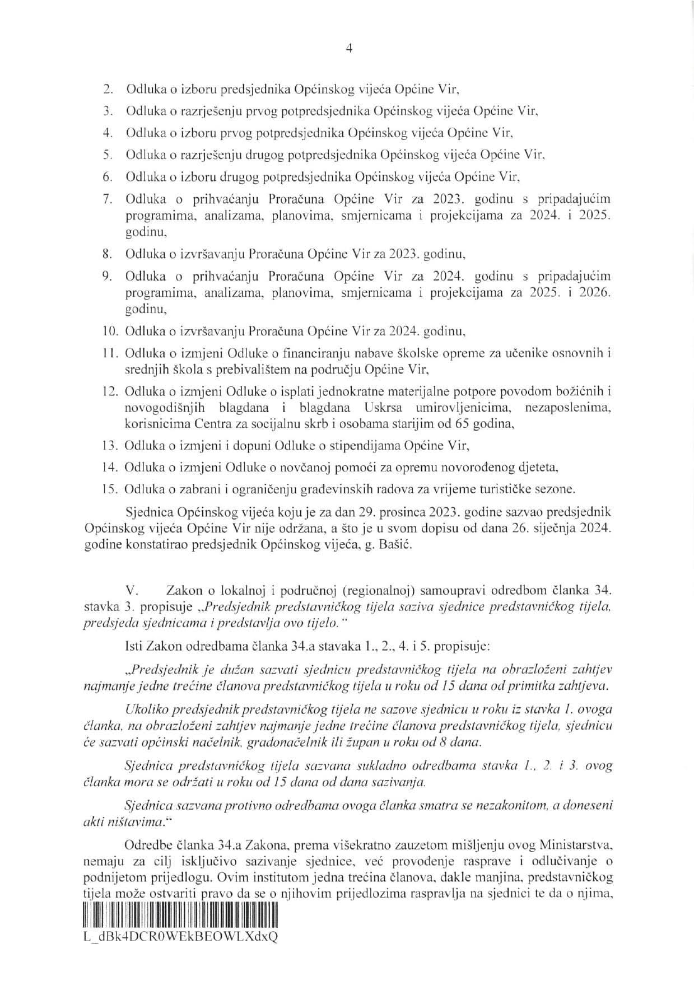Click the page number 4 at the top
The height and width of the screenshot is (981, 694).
pyautogui.click(x=349, y=49)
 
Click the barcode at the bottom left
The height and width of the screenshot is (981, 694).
pyautogui.click(x=180, y=918)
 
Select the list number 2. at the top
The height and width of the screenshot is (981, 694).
pyautogui.click(x=109, y=89)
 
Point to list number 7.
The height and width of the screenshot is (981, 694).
pyautogui.click(x=109, y=199)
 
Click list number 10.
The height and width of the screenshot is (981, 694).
pyautogui.click(x=110, y=331)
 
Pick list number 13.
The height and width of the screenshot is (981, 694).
pyautogui.click(x=110, y=446)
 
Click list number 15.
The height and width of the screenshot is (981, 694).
pyautogui.click(x=110, y=489)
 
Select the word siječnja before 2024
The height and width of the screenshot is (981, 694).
pyautogui.click(x=554, y=529)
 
